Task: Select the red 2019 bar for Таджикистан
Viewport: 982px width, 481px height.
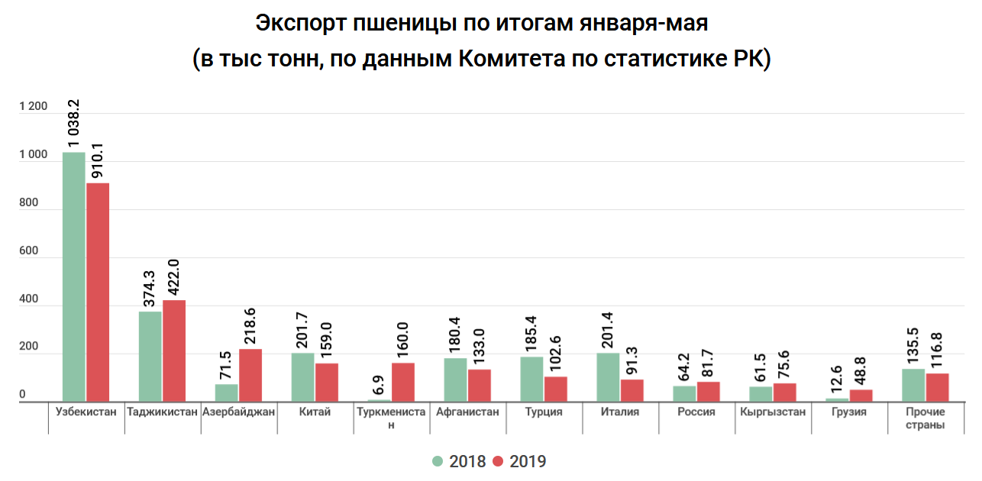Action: tap(174, 350)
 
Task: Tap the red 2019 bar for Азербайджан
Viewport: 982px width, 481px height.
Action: tap(250, 375)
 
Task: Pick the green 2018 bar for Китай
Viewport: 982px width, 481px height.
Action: tap(303, 377)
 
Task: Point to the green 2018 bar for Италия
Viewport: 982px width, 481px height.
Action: tap(609, 377)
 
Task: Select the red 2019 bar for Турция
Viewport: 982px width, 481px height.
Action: tap(556, 389)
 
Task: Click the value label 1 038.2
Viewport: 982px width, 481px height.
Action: tap(75, 123)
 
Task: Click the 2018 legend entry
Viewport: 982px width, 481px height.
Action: tap(459, 461)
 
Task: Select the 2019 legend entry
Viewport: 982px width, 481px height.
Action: tap(520, 461)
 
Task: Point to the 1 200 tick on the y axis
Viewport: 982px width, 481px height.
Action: tap(33, 107)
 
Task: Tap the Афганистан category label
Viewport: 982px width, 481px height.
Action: tap(467, 412)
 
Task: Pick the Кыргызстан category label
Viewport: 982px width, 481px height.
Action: tap(773, 412)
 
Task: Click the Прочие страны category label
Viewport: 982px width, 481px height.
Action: tap(925, 418)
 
